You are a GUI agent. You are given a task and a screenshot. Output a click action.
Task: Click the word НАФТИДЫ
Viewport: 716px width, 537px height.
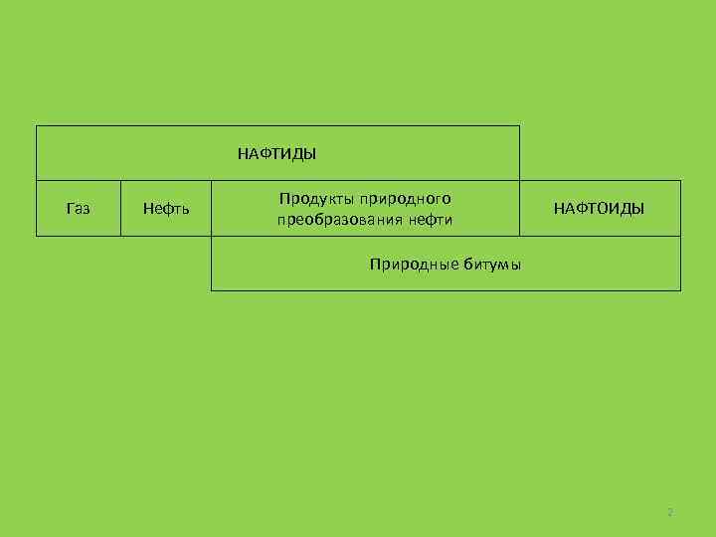point(276,154)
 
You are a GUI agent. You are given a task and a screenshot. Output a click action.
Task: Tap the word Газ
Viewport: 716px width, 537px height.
point(78,209)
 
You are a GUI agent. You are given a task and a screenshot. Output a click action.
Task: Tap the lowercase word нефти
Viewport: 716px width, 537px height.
point(430,220)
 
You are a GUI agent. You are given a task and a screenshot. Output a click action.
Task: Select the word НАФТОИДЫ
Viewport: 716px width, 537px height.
point(599,209)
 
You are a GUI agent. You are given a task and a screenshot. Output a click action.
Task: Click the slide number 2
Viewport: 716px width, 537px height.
point(670,513)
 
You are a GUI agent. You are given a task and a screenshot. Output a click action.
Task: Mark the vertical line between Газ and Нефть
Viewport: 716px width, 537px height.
point(120,208)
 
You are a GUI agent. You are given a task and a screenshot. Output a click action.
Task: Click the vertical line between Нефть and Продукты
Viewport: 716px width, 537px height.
point(211,208)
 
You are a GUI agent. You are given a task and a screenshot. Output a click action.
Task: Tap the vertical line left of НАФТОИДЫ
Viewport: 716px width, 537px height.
point(519,208)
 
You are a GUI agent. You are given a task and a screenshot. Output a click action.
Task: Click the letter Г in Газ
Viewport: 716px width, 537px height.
point(70,209)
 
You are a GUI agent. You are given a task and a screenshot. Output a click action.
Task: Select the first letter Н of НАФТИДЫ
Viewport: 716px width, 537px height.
point(242,154)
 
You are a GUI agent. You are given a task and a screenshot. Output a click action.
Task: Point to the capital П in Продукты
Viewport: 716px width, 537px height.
point(284,199)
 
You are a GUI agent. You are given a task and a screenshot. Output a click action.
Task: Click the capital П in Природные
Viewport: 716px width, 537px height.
point(375,265)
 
